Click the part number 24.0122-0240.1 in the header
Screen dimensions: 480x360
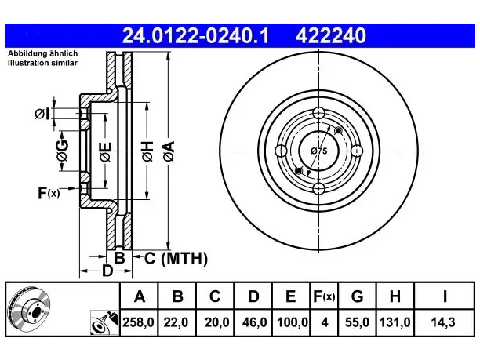(x=195, y=35)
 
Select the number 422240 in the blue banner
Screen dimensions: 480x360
(x=331, y=35)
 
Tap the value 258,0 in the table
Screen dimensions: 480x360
(x=138, y=322)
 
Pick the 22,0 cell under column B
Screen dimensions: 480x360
(x=176, y=322)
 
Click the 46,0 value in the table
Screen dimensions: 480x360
(x=254, y=322)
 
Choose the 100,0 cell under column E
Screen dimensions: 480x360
(x=293, y=322)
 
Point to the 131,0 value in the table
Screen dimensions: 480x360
(x=395, y=322)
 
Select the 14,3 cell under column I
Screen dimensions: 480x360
(x=443, y=322)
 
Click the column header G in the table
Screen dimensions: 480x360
(x=357, y=296)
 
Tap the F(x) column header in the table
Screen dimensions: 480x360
(x=324, y=296)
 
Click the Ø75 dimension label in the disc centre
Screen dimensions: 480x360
(x=318, y=151)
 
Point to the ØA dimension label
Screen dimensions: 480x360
(x=169, y=151)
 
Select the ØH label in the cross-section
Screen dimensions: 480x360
(x=147, y=151)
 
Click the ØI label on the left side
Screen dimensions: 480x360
(x=42, y=114)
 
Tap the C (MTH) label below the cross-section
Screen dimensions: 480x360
(x=176, y=258)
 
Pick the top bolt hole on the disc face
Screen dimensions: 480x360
(x=318, y=113)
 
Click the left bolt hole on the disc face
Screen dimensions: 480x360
(x=281, y=151)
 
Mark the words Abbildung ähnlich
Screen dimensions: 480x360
(x=42, y=53)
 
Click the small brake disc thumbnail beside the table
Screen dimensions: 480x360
(x=29, y=308)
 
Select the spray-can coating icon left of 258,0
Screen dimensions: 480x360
(x=104, y=322)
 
